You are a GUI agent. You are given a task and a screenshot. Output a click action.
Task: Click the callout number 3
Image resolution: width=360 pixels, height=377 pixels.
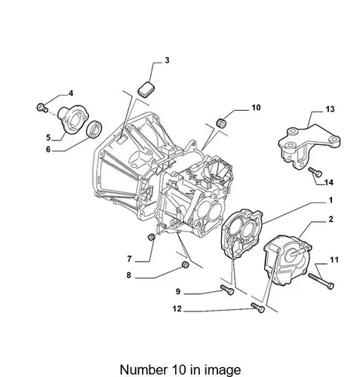pyautogui.click(x=167, y=60)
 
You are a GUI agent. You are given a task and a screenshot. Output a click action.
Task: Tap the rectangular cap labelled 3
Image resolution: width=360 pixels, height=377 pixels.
pyautogui.click(x=146, y=88)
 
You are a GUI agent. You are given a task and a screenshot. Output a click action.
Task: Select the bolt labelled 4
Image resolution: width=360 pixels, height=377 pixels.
pyautogui.click(x=42, y=108)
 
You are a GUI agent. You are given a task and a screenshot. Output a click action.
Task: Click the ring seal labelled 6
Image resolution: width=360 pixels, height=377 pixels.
pyautogui.click(x=94, y=130)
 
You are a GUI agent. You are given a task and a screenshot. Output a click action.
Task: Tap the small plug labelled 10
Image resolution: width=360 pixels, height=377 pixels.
pyautogui.click(x=221, y=122)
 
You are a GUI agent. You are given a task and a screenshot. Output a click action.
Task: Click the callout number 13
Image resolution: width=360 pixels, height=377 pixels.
pyautogui.click(x=330, y=109)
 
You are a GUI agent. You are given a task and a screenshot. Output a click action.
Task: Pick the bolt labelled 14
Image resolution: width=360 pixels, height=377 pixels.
pyautogui.click(x=315, y=172)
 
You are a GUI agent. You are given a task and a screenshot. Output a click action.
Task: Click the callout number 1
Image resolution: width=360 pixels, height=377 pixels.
pyautogui.click(x=331, y=201)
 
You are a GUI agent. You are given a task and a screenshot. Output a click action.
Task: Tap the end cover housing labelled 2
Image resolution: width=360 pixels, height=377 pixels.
pyautogui.click(x=288, y=259)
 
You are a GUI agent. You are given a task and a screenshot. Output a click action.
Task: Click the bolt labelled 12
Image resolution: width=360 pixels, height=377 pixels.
pyautogui.click(x=258, y=308)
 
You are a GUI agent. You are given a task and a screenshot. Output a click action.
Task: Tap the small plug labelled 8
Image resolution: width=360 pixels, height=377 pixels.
pyautogui.click(x=185, y=265)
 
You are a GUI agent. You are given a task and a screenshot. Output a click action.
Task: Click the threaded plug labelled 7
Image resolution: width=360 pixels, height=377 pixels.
pyautogui.click(x=151, y=237)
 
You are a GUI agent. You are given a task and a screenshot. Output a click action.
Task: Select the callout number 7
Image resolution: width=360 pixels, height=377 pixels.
pyautogui.click(x=129, y=259)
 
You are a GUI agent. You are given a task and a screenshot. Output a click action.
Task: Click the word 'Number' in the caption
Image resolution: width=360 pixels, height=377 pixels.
pyautogui.click(x=143, y=370)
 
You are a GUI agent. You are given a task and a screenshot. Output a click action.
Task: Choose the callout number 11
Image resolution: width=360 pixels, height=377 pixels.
pyautogui.click(x=334, y=259)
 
